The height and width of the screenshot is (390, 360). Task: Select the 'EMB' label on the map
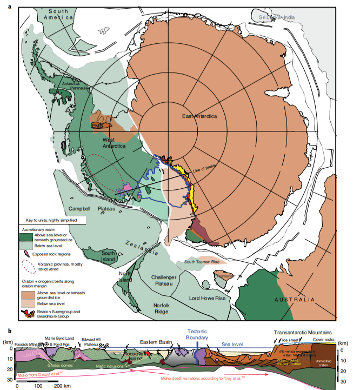[98, 126]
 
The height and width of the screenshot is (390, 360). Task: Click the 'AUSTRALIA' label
[294, 300]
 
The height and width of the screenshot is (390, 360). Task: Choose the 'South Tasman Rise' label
[202, 262]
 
